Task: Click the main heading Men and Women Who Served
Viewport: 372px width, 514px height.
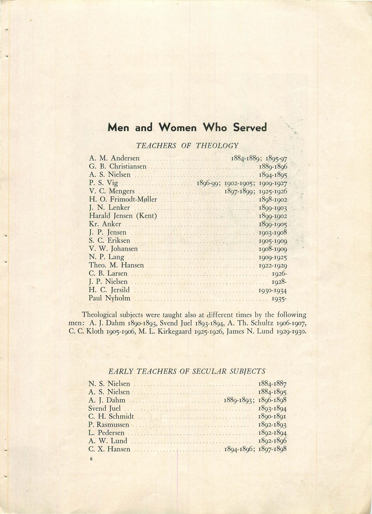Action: (187, 127)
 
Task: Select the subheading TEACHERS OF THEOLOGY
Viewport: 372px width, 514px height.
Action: (187, 146)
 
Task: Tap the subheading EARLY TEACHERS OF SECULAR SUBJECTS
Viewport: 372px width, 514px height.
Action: (187, 371)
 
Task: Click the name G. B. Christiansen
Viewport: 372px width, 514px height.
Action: (118, 167)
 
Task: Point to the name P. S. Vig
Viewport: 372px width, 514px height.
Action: (103, 183)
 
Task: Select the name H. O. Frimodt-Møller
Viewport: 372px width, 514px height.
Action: (123, 199)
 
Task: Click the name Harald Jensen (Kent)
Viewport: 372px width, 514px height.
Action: (123, 216)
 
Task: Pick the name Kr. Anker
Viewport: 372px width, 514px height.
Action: (105, 224)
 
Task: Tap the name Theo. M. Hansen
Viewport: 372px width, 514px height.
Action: (116, 265)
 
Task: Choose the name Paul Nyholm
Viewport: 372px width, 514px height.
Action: (109, 298)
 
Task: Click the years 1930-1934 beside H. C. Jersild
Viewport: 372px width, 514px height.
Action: (273, 291)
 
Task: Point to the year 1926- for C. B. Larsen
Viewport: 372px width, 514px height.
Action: (279, 274)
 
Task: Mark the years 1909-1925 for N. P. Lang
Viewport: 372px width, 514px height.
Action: (273, 258)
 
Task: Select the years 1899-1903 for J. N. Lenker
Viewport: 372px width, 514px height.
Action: (273, 208)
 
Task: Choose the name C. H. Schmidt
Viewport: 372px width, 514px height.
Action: (111, 416)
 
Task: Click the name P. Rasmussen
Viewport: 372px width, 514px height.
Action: (109, 425)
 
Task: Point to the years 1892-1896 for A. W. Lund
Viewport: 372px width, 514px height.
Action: (272, 441)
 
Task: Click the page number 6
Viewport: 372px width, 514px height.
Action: (91, 459)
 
